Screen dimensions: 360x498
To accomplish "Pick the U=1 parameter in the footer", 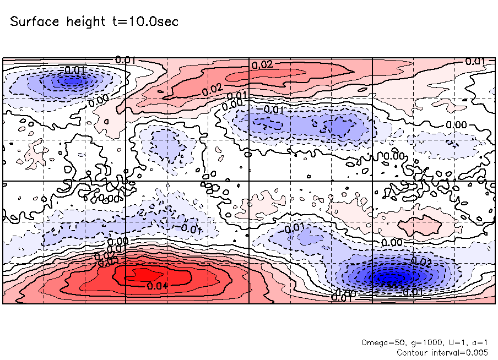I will (451, 342).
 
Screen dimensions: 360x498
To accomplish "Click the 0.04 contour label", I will (158, 285).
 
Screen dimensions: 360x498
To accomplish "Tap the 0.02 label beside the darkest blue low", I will (421, 261).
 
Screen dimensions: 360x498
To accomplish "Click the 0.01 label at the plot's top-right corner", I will (474, 61).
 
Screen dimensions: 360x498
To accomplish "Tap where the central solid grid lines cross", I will (250, 181).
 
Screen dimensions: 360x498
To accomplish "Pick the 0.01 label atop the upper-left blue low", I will (75, 70).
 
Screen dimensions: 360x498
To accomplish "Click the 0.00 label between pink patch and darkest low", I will (392, 242).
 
